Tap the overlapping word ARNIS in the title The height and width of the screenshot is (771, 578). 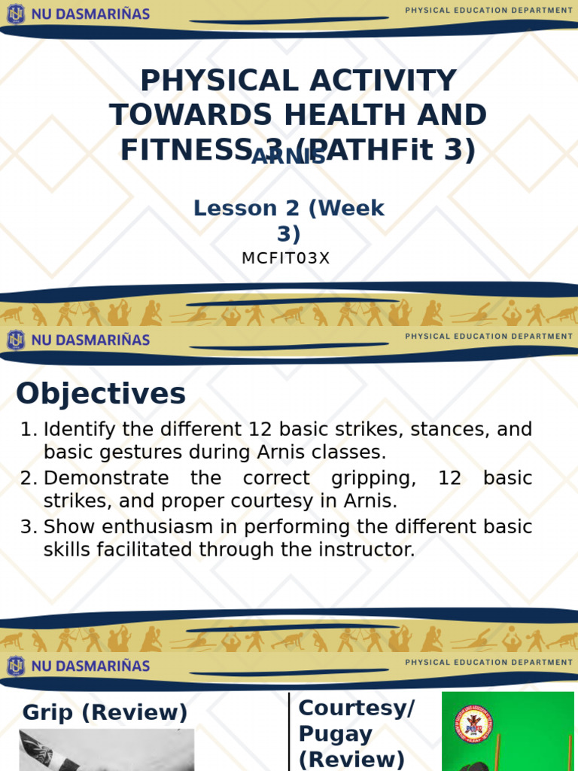pos(288,157)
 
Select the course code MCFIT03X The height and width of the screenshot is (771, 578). pos(286,258)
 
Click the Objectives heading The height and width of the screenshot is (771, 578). pos(101,393)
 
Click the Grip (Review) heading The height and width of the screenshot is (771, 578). pos(105,712)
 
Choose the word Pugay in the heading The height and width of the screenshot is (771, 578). pos(336,733)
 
